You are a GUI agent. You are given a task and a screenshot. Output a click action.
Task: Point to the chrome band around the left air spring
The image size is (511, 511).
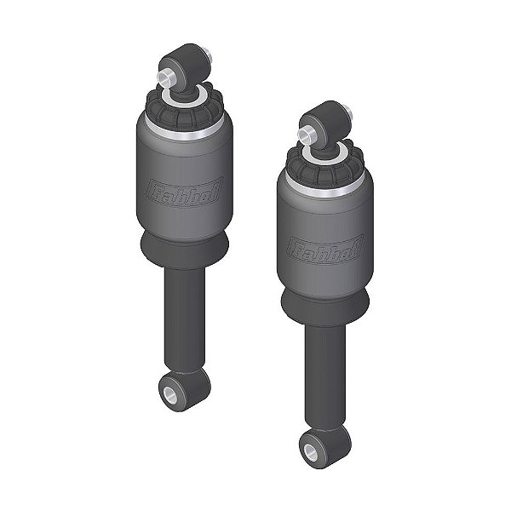pyautogui.click(x=183, y=129)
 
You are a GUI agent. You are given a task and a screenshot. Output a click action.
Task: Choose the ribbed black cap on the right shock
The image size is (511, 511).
pyautogui.click(x=324, y=166)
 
